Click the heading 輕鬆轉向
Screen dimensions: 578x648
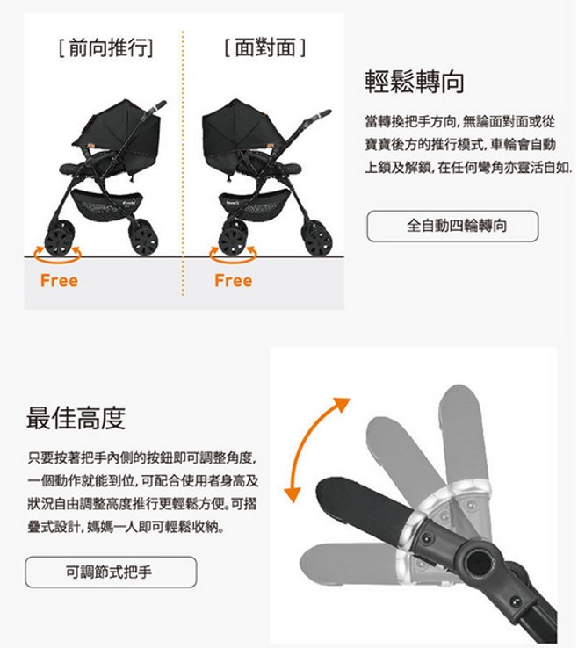tap(415, 82)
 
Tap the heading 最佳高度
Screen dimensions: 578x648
tap(76, 418)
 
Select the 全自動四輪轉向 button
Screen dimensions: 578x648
tap(452, 226)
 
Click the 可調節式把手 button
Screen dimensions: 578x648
tap(111, 572)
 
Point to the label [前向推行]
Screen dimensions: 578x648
tap(105, 47)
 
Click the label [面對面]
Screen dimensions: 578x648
tap(265, 47)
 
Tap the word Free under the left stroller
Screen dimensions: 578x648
tap(59, 281)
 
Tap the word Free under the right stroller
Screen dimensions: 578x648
tap(233, 281)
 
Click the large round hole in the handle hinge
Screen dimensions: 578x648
tap(478, 561)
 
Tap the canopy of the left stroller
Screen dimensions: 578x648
tap(118, 126)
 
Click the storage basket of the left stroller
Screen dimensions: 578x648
tap(107, 204)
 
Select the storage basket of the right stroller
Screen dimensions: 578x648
tap(254, 203)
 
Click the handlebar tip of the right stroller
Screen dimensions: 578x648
tap(327, 112)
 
